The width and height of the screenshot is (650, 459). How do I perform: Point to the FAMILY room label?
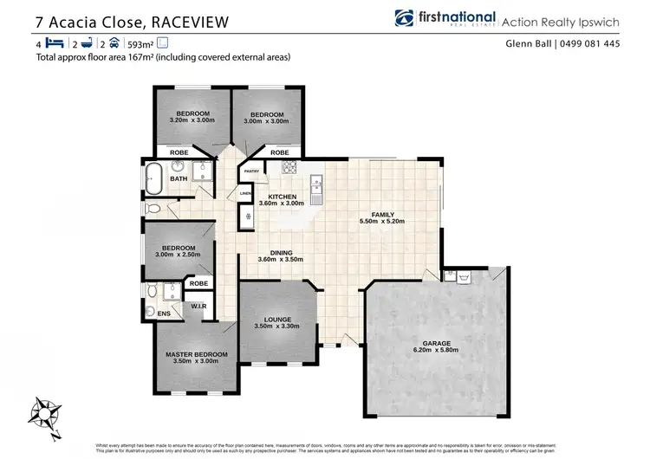pyautogui.click(x=382, y=214)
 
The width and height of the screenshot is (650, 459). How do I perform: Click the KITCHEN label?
pyautogui.click(x=282, y=197)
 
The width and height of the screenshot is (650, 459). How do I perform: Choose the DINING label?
pyautogui.click(x=280, y=252)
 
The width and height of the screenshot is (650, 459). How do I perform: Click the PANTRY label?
pyautogui.click(x=251, y=171)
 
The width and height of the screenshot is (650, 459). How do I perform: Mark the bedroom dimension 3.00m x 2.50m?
pyautogui.click(x=179, y=254)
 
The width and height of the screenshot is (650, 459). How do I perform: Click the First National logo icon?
pyautogui.click(x=403, y=17)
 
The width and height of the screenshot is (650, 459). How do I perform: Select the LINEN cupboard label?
pyautogui.click(x=245, y=193)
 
